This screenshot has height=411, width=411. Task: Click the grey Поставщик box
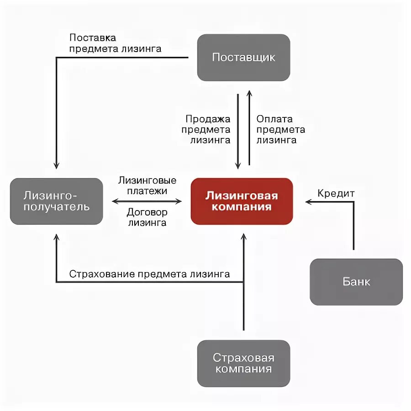click(x=243, y=58)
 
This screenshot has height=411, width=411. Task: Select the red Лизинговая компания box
click(x=242, y=201)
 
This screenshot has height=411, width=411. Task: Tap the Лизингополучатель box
click(x=56, y=201)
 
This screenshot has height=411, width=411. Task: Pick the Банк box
click(x=356, y=282)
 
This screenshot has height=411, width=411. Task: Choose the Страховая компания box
click(x=243, y=363)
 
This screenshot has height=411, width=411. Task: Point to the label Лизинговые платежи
click(x=147, y=185)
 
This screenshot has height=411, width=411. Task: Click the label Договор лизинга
click(x=147, y=217)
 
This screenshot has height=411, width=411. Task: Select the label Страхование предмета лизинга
click(x=149, y=274)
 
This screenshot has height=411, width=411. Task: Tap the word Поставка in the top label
click(x=93, y=37)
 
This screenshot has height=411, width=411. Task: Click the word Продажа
click(x=208, y=119)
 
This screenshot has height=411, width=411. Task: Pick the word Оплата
click(x=274, y=119)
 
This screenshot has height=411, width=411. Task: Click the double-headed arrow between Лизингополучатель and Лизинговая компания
click(x=147, y=201)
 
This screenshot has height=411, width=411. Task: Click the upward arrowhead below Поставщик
click(x=249, y=93)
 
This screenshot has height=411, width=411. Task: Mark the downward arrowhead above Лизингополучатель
click(x=56, y=166)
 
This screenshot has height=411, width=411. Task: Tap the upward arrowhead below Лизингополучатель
click(x=56, y=238)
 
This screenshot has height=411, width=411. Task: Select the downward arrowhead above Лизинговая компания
click(x=238, y=165)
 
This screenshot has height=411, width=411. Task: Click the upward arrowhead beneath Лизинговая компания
click(x=243, y=238)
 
